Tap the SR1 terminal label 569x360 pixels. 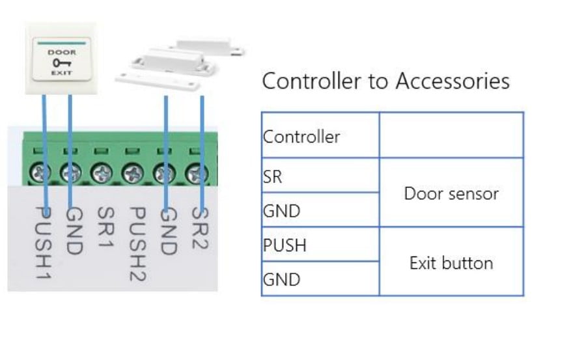click(105, 230)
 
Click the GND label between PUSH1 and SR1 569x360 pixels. click(74, 232)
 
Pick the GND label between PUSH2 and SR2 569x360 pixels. click(168, 232)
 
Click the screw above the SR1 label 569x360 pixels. click(103, 174)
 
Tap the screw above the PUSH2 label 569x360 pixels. click(133, 174)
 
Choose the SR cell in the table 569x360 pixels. click(273, 176)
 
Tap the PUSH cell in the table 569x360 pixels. click(284, 245)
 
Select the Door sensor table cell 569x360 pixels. click(451, 193)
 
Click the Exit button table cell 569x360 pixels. click(451, 263)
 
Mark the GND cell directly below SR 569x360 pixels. click(281, 211)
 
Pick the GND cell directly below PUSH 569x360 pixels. click(281, 280)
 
